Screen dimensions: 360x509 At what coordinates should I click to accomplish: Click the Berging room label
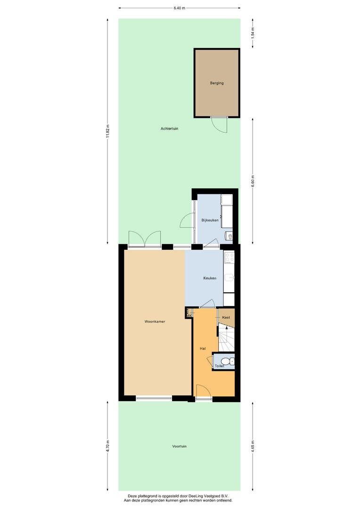click(217, 83)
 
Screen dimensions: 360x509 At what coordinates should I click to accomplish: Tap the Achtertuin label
click(170, 129)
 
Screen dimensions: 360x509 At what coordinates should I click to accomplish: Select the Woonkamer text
click(155, 321)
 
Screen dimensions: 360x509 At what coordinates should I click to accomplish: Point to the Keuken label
click(210, 278)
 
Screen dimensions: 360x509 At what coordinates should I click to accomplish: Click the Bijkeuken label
click(210, 220)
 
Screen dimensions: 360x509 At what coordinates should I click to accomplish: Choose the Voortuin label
click(179, 446)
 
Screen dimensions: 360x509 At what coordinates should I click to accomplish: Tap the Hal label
click(203, 349)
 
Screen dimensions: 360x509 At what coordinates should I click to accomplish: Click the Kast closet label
click(226, 317)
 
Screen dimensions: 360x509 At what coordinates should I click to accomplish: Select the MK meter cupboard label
click(189, 315)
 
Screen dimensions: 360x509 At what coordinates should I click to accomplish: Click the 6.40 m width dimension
click(179, 8)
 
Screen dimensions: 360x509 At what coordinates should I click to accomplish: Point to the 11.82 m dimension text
click(108, 131)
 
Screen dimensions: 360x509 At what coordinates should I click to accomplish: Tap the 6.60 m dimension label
click(253, 181)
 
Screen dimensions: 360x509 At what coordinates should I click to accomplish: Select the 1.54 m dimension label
click(253, 33)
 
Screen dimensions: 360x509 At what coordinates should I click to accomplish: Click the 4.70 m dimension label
click(108, 446)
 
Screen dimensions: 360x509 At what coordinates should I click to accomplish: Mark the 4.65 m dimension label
click(253, 446)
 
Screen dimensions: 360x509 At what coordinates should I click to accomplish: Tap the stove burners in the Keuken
click(229, 258)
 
